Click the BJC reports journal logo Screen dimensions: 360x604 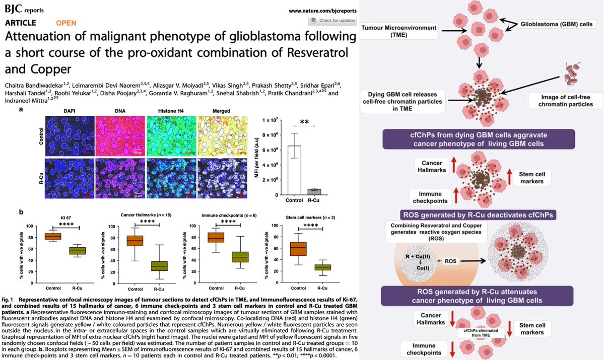tap(23, 10)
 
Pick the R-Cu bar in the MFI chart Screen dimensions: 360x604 tap(314, 192)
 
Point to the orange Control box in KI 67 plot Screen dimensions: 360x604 tap(53, 236)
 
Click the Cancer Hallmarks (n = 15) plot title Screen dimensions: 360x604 tap(146, 215)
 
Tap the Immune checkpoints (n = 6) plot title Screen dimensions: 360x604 tap(225, 215)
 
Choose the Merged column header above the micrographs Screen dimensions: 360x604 tap(221, 111)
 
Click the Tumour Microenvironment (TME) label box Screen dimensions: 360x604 tap(398, 30)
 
